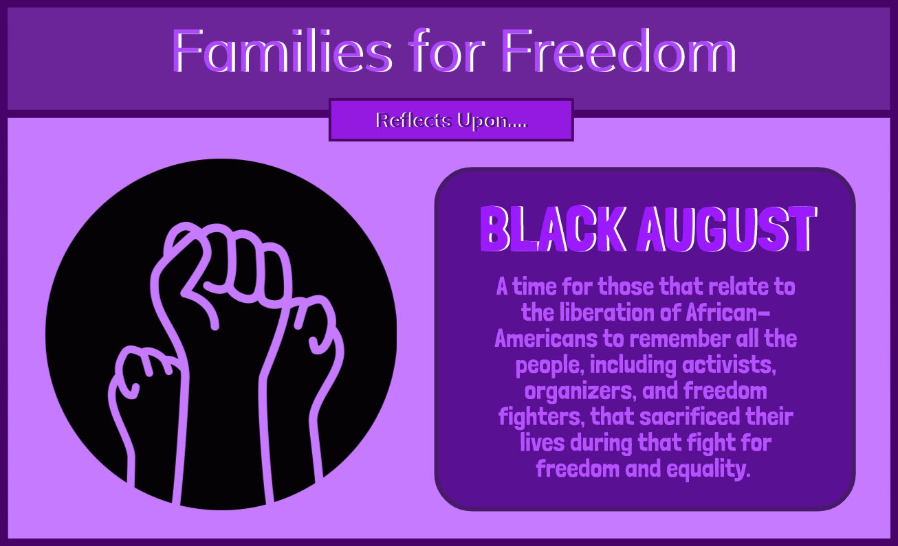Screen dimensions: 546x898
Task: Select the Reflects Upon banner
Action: click(451, 120)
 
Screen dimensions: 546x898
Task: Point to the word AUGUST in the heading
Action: click(727, 229)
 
